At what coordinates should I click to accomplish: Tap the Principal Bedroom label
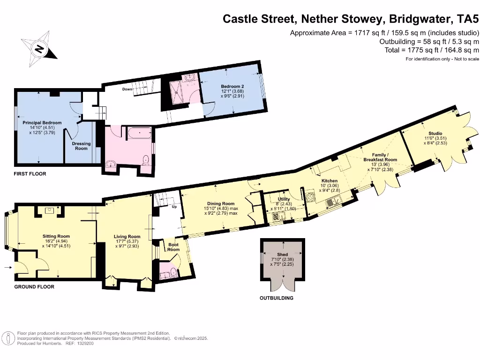coord(42,123)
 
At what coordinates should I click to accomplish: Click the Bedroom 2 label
coord(232,87)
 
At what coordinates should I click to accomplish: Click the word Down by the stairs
coord(127,89)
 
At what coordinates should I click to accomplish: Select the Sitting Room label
coord(56,236)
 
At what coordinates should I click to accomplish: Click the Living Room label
coord(127,236)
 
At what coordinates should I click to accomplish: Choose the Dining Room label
coord(221,203)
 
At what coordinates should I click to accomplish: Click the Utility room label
coord(284,199)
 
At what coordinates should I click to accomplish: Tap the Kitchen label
coord(330,180)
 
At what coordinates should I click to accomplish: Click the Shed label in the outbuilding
coord(282,254)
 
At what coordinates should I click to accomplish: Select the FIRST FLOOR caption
coord(30,173)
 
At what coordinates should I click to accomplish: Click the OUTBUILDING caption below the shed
coord(277,298)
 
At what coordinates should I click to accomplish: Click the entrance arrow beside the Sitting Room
coord(8,268)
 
